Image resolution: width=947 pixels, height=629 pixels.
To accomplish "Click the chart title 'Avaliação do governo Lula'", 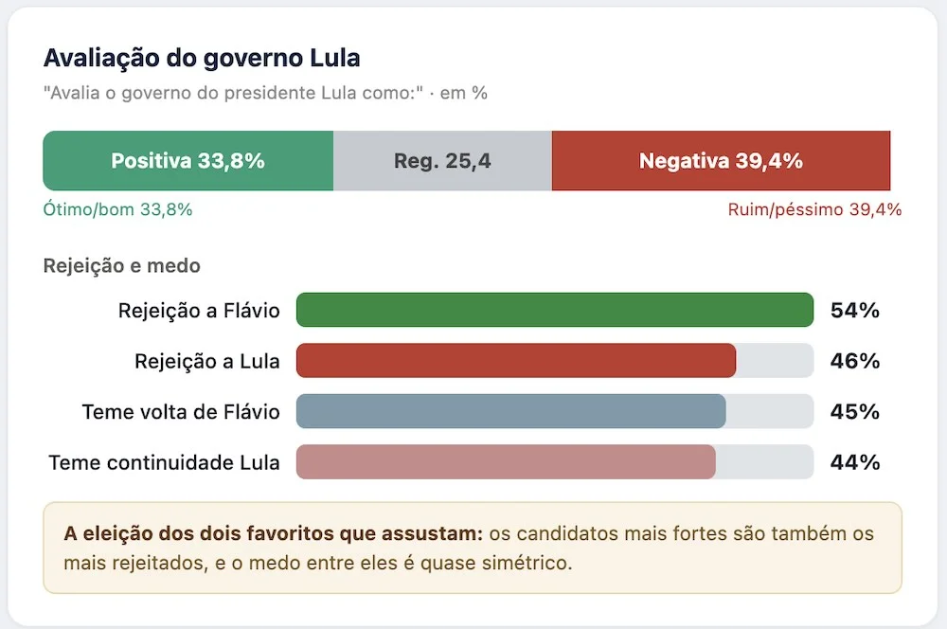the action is pyautogui.click(x=202, y=59).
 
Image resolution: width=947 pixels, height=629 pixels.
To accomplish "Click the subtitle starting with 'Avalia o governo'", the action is pyautogui.click(x=265, y=93).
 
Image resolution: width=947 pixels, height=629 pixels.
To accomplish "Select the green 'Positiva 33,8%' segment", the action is pyautogui.click(x=188, y=161).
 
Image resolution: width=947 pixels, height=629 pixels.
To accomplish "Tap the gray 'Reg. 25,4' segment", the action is pyautogui.click(x=442, y=161).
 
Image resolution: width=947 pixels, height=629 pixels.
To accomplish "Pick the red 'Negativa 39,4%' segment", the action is pyautogui.click(x=721, y=161).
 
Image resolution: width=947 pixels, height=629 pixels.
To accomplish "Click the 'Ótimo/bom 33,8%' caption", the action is pyautogui.click(x=117, y=209).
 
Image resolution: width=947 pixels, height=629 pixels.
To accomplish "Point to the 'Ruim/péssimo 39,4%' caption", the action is pyautogui.click(x=814, y=209).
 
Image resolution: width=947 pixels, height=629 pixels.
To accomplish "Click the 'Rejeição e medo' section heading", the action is pyautogui.click(x=122, y=266).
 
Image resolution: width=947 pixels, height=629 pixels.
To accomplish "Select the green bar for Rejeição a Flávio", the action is pyautogui.click(x=555, y=310).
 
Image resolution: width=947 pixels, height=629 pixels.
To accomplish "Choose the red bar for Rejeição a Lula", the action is pyautogui.click(x=516, y=361).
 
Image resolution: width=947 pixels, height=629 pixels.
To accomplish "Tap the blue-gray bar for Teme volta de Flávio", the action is pyautogui.click(x=511, y=411).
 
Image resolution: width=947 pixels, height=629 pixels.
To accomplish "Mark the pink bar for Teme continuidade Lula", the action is pyautogui.click(x=506, y=462).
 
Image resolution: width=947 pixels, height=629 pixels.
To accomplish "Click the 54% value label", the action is pyautogui.click(x=854, y=311).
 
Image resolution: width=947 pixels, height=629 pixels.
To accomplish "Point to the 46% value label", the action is pyautogui.click(x=854, y=361).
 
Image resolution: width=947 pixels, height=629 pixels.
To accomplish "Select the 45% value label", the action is pyautogui.click(x=854, y=412).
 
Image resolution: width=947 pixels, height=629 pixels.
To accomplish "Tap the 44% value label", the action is pyautogui.click(x=854, y=463).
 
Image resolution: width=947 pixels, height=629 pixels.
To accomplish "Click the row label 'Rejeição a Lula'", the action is pyautogui.click(x=207, y=361).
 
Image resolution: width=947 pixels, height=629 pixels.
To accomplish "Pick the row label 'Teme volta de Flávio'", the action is pyautogui.click(x=181, y=412).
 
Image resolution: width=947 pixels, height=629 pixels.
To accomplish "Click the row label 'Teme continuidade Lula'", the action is pyautogui.click(x=164, y=463).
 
